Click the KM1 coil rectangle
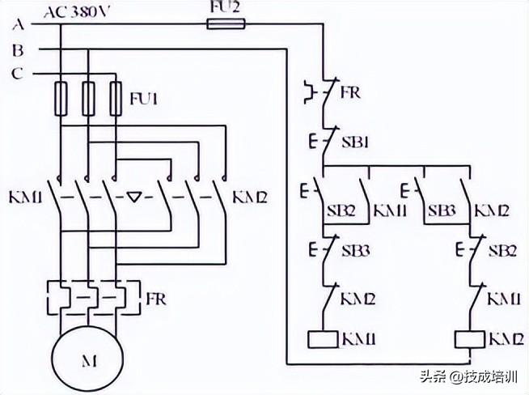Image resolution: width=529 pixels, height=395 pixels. coord(324,339)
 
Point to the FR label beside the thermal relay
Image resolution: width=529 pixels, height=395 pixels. coord(157,299)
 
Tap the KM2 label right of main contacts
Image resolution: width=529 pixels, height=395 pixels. coord(249,197)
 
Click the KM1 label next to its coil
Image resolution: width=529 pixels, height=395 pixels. coord(359,339)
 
